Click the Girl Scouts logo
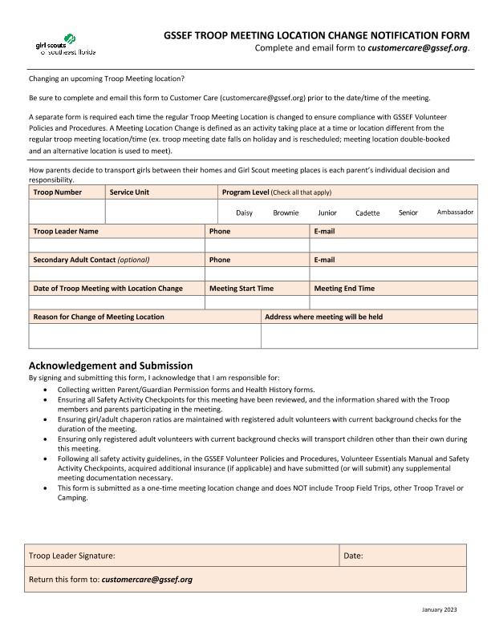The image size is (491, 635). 66,46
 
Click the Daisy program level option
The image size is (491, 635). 244,213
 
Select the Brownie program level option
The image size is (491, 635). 286,213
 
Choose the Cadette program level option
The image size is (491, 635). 367,213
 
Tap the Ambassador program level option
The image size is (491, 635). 455,212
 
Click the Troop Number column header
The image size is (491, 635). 57,192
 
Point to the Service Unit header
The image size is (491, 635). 129,192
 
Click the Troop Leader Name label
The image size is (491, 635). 66,231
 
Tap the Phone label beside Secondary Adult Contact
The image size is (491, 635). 219,260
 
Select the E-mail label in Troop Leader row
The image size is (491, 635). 324,231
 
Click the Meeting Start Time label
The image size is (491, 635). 241,289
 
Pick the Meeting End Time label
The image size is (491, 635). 344,289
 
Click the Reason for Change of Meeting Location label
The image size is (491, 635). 99,317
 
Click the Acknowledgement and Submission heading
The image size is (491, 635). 111,366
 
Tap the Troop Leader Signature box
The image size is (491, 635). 183,555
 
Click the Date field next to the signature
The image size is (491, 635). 404,555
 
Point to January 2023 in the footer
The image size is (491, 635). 439,611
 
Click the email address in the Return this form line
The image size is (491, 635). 147,579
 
